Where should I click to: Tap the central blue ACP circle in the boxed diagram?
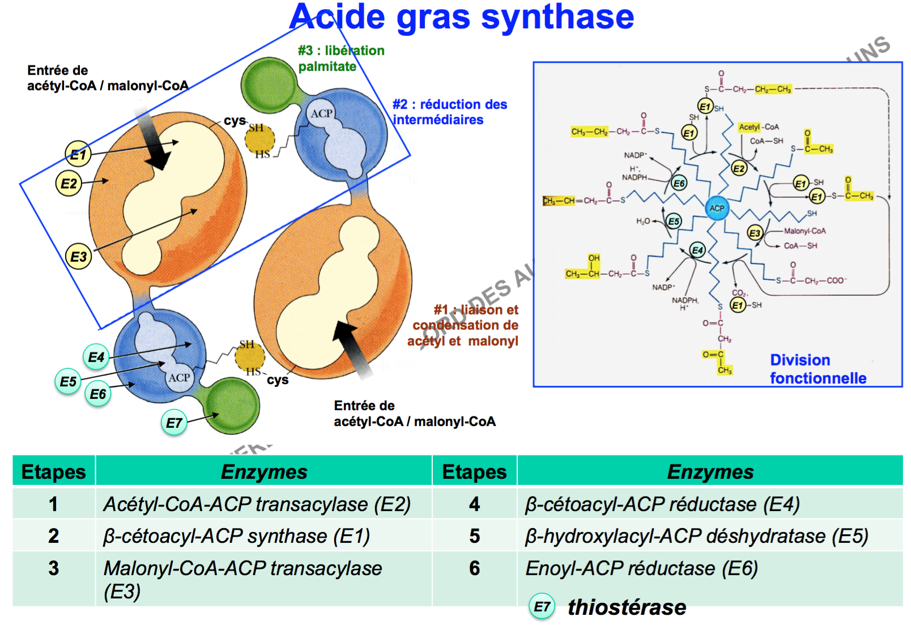(717, 208)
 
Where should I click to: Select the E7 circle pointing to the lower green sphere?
(174, 423)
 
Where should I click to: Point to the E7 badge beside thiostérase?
(542, 607)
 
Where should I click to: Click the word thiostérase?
(627, 607)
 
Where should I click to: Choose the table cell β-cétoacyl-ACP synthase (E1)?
(237, 536)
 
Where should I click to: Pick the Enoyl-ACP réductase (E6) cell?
(641, 568)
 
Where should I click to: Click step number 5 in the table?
(475, 536)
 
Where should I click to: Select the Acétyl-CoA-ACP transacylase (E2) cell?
(257, 504)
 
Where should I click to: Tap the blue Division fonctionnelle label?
(818, 369)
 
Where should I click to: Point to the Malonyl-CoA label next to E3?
(804, 231)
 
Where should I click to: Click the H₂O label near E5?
(643, 222)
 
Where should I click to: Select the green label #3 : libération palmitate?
(341, 58)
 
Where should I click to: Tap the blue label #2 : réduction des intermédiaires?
(449, 112)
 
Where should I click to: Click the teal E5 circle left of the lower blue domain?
(68, 381)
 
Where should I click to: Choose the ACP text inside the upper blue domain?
(321, 113)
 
